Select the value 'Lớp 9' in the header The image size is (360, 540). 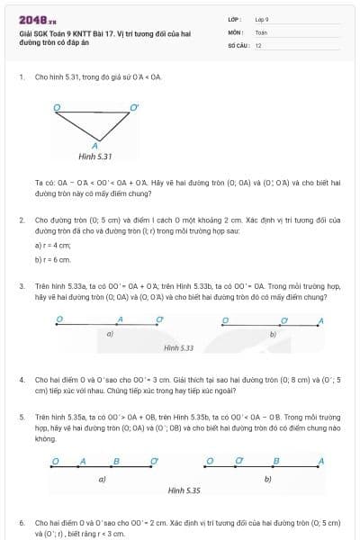coord(263,18)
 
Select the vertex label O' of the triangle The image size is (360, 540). coord(135,107)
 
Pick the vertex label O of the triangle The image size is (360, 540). coord(57,107)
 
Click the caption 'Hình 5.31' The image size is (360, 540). coord(94,156)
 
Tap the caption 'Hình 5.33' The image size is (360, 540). coord(179,346)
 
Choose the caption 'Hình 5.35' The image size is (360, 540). coord(184,491)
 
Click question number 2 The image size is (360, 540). coord(21,219)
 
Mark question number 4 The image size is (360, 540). coord(21,381)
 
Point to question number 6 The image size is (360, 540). coord(21,522)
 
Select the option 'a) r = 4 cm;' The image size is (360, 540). coord(52,245)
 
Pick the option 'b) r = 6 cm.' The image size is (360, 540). coord(52,259)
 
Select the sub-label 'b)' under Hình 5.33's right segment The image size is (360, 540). coord(272,334)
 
